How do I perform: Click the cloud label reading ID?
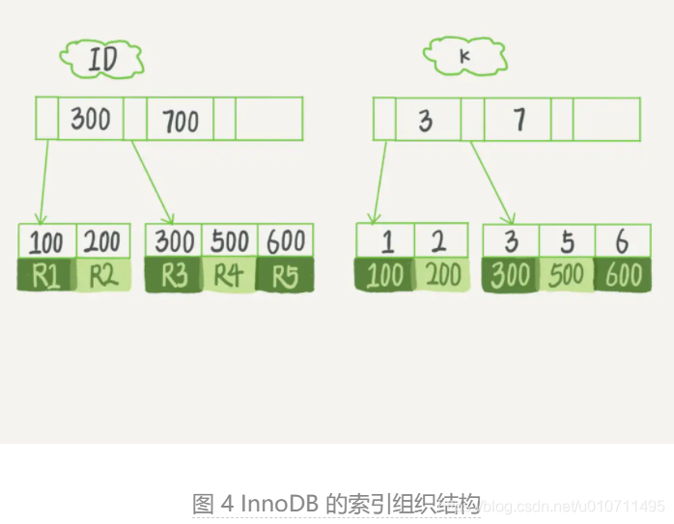click(x=102, y=60)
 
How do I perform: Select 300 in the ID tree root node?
click(x=91, y=120)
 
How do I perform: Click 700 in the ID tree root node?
click(x=180, y=121)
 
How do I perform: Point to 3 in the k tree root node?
click(x=426, y=121)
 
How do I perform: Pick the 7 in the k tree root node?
click(x=520, y=120)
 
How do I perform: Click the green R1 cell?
click(x=46, y=276)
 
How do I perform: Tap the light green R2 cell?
click(x=103, y=276)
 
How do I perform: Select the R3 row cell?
click(x=174, y=276)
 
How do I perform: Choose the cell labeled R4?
click(x=229, y=276)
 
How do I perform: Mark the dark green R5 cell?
click(x=284, y=276)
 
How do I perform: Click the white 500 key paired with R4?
click(x=229, y=241)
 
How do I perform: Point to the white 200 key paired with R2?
click(x=103, y=241)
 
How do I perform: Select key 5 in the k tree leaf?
click(x=567, y=241)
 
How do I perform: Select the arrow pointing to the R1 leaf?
click(x=42, y=183)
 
